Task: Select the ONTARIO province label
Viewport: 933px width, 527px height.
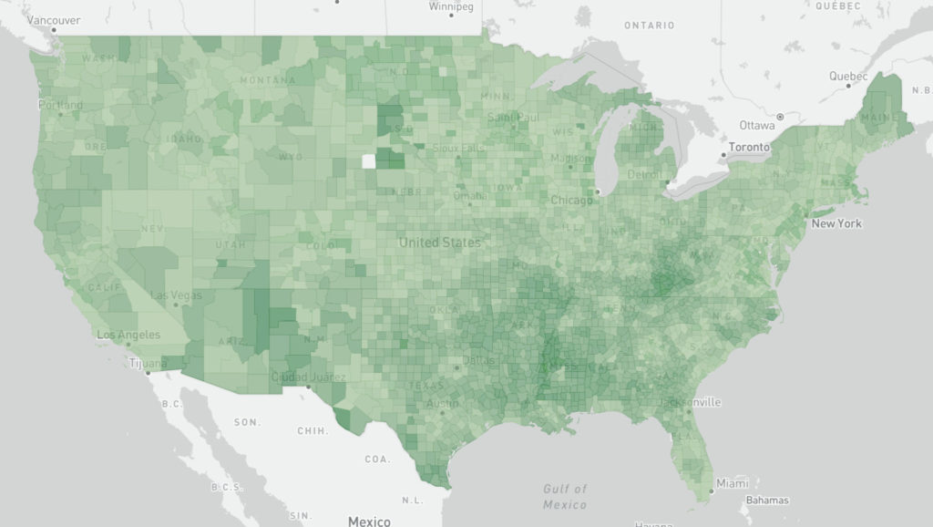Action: tap(649, 26)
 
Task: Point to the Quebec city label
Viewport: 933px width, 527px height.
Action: tap(848, 77)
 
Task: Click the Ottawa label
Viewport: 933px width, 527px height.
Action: tap(756, 125)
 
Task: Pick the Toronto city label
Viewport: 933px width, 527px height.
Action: tap(750, 147)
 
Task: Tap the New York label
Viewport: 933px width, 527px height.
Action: tap(836, 223)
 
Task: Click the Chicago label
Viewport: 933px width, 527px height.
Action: tap(571, 200)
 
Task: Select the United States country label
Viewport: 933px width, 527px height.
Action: tap(439, 243)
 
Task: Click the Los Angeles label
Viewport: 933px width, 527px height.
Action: tap(128, 335)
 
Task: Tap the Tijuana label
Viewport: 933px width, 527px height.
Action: tap(148, 363)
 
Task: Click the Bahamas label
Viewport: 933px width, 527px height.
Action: tap(768, 500)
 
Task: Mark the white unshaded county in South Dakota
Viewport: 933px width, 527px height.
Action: tap(368, 161)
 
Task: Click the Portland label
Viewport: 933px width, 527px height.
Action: tap(60, 105)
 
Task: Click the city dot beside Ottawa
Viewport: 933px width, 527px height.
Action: tap(779, 118)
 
